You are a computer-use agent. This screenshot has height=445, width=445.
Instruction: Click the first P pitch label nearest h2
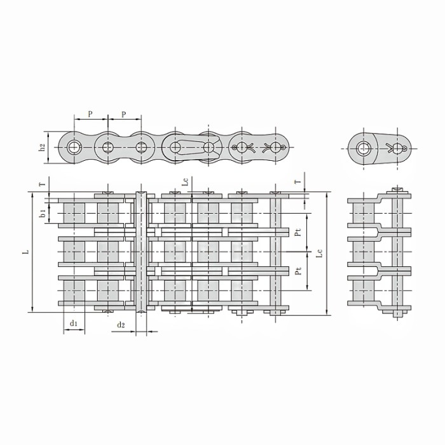pyautogui.click(x=90, y=114)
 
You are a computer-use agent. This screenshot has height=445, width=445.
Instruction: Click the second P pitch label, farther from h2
pyautogui.click(x=124, y=114)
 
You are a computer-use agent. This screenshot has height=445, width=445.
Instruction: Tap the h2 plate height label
pyautogui.click(x=42, y=147)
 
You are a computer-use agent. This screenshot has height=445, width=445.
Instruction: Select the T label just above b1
pyautogui.click(x=43, y=184)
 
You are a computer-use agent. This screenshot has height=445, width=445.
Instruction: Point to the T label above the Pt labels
pyautogui.click(x=298, y=182)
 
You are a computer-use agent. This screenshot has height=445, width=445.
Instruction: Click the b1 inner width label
pyautogui.click(x=43, y=213)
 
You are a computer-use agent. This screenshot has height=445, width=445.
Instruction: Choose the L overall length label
pyautogui.click(x=26, y=252)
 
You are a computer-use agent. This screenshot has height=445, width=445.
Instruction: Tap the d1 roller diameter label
pyautogui.click(x=74, y=323)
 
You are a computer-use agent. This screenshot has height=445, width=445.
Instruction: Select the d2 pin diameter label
pyautogui.click(x=121, y=325)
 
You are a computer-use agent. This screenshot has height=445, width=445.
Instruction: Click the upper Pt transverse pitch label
pyautogui.click(x=298, y=232)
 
